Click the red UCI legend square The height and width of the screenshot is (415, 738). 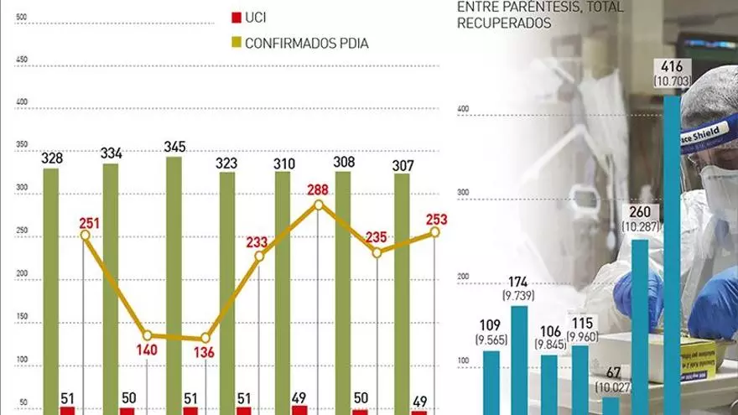coord(236,17)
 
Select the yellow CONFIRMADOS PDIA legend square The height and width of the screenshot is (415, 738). coord(236,42)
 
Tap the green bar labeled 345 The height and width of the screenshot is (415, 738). coord(174,285)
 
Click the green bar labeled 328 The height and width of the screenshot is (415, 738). coord(51,289)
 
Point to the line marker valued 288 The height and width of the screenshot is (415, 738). coord(319,204)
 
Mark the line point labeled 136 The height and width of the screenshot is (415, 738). coord(204,340)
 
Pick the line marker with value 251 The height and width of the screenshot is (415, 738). coord(85,235)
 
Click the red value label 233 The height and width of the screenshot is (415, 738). coord(257,242)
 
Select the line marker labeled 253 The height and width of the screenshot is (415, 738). coord(435,233)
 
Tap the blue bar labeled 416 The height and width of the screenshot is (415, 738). coord(672,252)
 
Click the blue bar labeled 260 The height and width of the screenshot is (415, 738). coord(639,327)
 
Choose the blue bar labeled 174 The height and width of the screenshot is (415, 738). coord(519,361)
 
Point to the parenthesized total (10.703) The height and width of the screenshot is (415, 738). coord(672,80)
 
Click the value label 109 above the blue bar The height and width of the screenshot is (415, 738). coord(491,324)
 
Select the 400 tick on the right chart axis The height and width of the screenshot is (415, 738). coord(462,108)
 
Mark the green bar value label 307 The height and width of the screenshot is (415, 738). coord(403,165)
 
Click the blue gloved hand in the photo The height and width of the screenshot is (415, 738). coord(712,302)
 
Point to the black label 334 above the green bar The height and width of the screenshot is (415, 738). coord(111,153)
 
